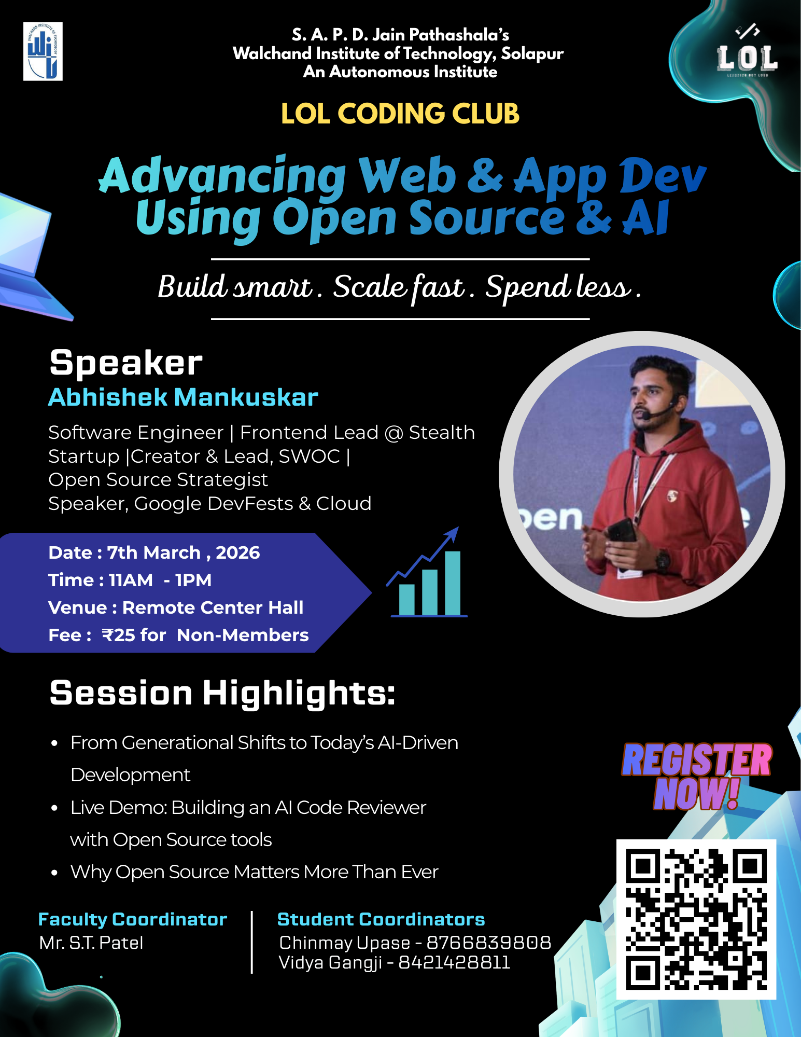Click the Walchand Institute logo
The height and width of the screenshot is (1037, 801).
pyautogui.click(x=43, y=51)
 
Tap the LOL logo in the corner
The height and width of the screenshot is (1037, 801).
pyautogui.click(x=747, y=57)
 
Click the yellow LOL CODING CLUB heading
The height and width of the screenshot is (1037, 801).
pyautogui.click(x=400, y=114)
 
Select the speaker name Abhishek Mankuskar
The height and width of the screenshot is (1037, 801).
pyautogui.click(x=183, y=397)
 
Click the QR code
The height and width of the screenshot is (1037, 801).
pyautogui.click(x=696, y=919)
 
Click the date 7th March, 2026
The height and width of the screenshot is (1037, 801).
pyautogui.click(x=183, y=553)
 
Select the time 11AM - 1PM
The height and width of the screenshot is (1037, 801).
pyautogui.click(x=160, y=580)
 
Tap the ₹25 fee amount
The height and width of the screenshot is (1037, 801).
pyautogui.click(x=120, y=635)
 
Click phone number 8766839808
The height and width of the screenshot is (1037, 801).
pyautogui.click(x=488, y=943)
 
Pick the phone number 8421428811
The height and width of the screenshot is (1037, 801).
pyautogui.click(x=454, y=963)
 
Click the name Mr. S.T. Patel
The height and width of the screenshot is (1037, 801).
pyautogui.click(x=91, y=943)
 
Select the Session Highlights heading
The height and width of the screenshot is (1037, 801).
pyautogui.click(x=222, y=693)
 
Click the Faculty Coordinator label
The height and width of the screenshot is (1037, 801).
pyautogui.click(x=133, y=919)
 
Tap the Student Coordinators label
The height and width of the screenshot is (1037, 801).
pyautogui.click(x=381, y=919)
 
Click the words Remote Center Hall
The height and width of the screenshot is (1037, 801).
pyautogui.click(x=213, y=607)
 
